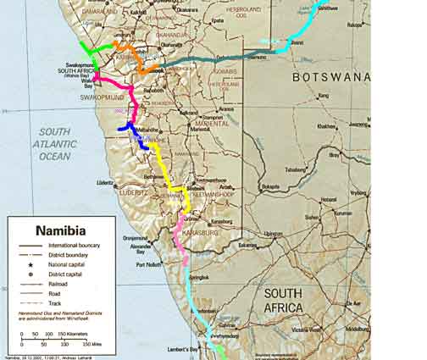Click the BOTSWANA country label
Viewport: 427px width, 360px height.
click(x=331, y=76)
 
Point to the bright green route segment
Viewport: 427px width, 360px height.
click(x=88, y=53)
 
